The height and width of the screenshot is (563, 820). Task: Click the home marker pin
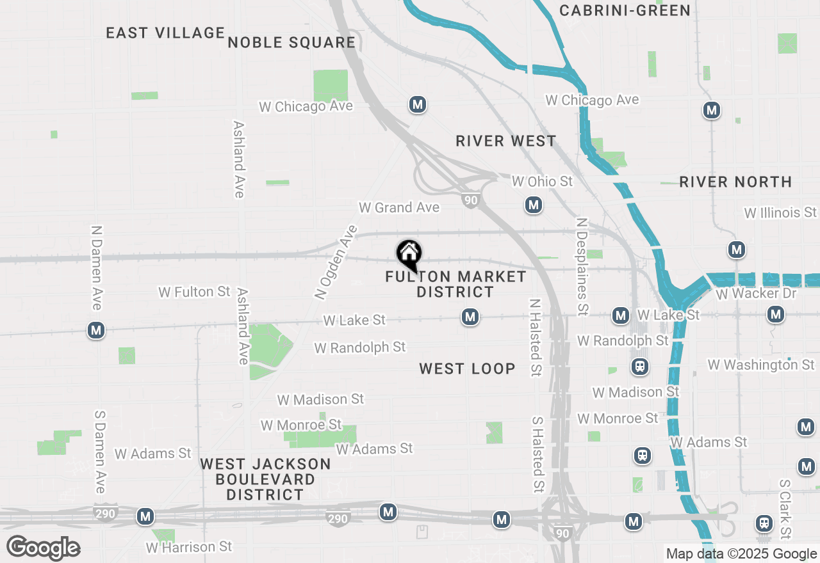(409, 255)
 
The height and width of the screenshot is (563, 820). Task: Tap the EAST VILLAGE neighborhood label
(165, 33)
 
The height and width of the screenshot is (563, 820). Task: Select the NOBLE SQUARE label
(291, 42)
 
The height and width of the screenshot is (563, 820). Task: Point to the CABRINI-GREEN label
(625, 10)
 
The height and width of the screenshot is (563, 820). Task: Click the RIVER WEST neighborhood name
(506, 141)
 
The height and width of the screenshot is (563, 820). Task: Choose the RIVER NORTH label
(735, 182)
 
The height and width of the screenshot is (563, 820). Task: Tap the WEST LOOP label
(467, 369)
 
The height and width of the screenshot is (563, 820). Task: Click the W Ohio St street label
(542, 182)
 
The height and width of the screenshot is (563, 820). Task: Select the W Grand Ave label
(399, 207)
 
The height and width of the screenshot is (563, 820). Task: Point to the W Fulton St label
(194, 292)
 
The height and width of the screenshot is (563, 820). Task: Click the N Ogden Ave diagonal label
(335, 262)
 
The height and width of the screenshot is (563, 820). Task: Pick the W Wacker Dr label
(756, 294)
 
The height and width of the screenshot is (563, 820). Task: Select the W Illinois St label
(780, 212)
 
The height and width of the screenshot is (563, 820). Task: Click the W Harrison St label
(189, 547)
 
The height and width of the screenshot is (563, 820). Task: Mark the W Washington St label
(761, 365)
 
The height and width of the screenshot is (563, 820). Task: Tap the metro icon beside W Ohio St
(533, 205)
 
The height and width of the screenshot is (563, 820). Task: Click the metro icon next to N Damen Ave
(96, 330)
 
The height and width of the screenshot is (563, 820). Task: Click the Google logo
(44, 548)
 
